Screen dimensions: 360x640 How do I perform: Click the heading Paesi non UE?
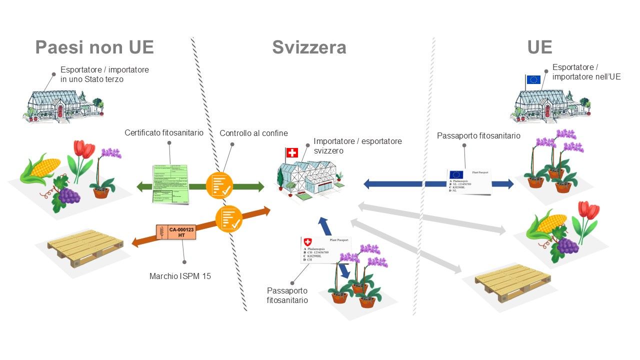[x=94, y=47]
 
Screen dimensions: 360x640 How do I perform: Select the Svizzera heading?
[x=309, y=47]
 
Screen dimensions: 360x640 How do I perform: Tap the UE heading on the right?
[x=539, y=47]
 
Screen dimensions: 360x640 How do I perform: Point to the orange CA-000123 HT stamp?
[x=176, y=232]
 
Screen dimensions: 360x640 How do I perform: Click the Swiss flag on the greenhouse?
[x=291, y=152]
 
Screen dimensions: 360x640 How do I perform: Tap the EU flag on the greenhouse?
[x=533, y=79]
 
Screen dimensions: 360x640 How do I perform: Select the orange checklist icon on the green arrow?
[x=219, y=185]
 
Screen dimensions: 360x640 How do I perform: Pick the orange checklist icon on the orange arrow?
[x=228, y=218]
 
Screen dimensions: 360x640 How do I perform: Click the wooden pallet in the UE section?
[x=513, y=283]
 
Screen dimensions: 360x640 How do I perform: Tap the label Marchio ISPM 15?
[x=180, y=276]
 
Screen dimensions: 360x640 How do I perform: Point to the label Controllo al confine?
[x=253, y=133]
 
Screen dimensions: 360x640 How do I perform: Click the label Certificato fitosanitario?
[x=164, y=133]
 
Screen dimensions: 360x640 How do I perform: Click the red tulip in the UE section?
[x=588, y=212]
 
